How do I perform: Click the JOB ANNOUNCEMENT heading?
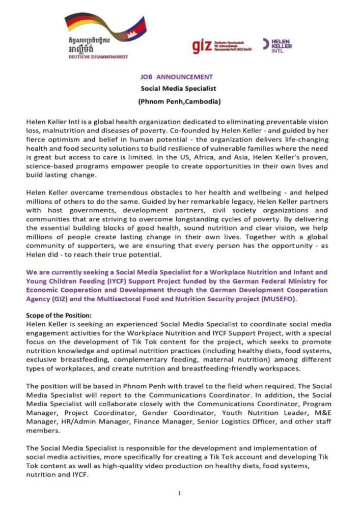click(177, 77)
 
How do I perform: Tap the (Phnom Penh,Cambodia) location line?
click(179, 101)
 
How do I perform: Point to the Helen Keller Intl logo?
click(278, 45)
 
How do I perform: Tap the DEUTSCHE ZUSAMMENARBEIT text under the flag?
click(98, 57)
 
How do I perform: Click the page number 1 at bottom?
click(179, 493)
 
